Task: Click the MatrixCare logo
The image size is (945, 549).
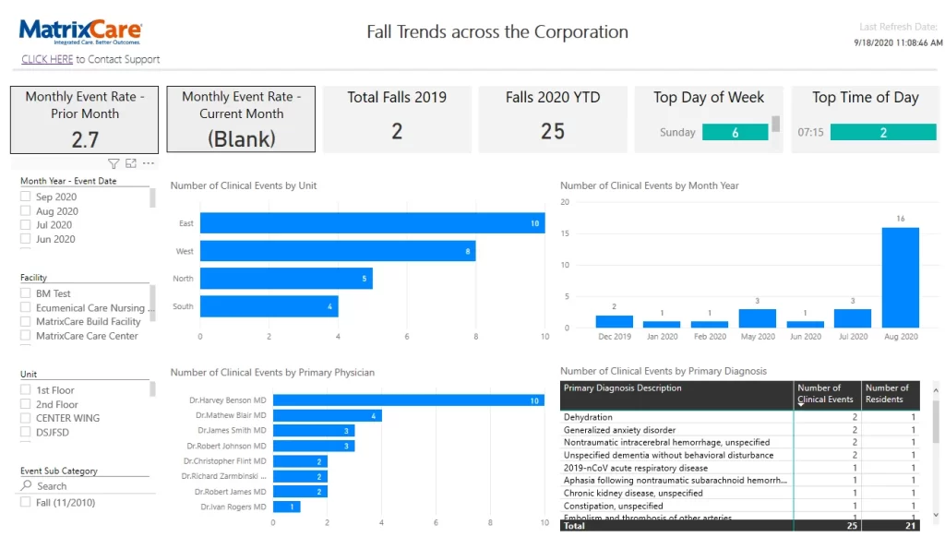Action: click(x=80, y=32)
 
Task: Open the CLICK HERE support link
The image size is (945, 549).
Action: click(x=47, y=59)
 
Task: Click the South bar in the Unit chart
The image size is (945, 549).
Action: click(x=269, y=306)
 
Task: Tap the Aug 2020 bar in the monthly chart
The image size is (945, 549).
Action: click(x=900, y=278)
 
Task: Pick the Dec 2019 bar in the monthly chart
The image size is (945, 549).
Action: click(x=614, y=321)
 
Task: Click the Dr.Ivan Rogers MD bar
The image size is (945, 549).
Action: click(x=286, y=507)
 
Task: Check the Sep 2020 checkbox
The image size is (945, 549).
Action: click(x=26, y=197)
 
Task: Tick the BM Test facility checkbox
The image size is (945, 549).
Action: click(x=26, y=293)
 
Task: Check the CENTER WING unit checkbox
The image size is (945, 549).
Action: click(x=26, y=418)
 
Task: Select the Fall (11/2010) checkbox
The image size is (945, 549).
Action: click(x=26, y=503)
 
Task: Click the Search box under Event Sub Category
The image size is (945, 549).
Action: click(x=83, y=486)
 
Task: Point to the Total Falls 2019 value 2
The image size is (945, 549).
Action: click(x=397, y=131)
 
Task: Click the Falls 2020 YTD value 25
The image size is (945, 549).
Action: click(x=553, y=131)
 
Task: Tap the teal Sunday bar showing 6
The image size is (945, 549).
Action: click(x=735, y=133)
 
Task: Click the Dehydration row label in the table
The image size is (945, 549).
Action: click(x=588, y=417)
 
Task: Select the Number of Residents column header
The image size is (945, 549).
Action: click(x=888, y=394)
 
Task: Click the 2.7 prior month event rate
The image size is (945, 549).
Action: click(x=85, y=139)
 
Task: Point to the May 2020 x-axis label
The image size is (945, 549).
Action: click(x=757, y=337)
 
